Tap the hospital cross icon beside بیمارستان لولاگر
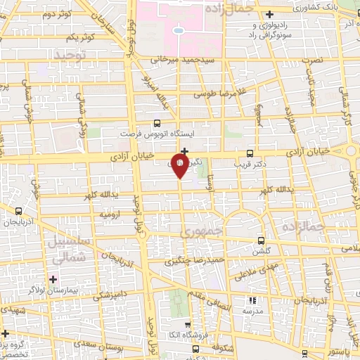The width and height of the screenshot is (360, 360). pos(53,279)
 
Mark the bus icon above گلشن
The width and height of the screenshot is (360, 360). pos(262,240)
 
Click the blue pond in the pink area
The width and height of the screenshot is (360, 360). pos(178,30)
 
